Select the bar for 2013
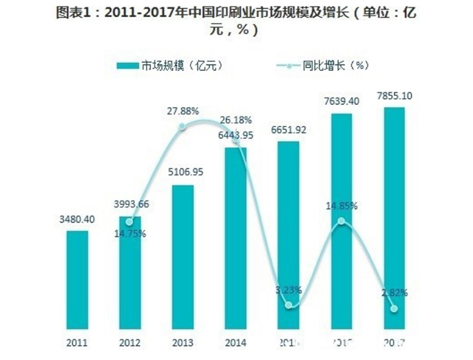click(x=183, y=257)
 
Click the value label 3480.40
click(x=77, y=219)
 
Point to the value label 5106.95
click(x=183, y=174)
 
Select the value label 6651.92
click(x=288, y=130)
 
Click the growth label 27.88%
click(x=183, y=111)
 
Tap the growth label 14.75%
click(x=129, y=233)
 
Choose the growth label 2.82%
click(x=394, y=293)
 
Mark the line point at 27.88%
click(x=182, y=127)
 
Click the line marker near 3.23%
click(x=289, y=305)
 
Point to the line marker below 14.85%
click(x=341, y=221)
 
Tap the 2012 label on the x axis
click(x=129, y=342)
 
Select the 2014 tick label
click(x=235, y=342)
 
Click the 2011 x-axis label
click(x=77, y=342)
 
